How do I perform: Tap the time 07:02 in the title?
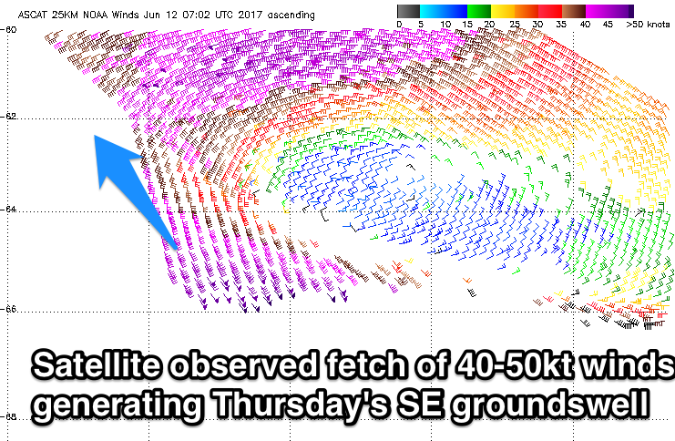[196, 15]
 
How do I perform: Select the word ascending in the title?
[291, 15]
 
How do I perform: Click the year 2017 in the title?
[251, 15]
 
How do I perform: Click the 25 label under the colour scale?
[515, 24]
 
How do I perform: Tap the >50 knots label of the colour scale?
[648, 24]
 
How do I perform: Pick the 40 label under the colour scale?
[585, 24]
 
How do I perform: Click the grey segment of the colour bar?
[408, 11]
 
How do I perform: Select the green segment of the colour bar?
[479, 11]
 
